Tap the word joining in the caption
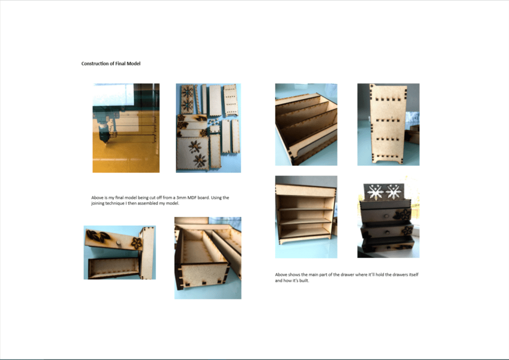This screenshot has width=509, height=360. [98, 203]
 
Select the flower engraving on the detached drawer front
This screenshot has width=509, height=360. [137, 243]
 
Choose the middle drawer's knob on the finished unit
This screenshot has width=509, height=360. [388, 232]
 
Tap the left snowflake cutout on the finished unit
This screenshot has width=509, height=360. [376, 192]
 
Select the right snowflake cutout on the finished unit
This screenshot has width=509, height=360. [394, 192]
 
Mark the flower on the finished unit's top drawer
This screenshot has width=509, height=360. [405, 214]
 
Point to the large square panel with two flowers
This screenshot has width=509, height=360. [193, 153]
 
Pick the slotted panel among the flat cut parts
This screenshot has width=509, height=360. [230, 100]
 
